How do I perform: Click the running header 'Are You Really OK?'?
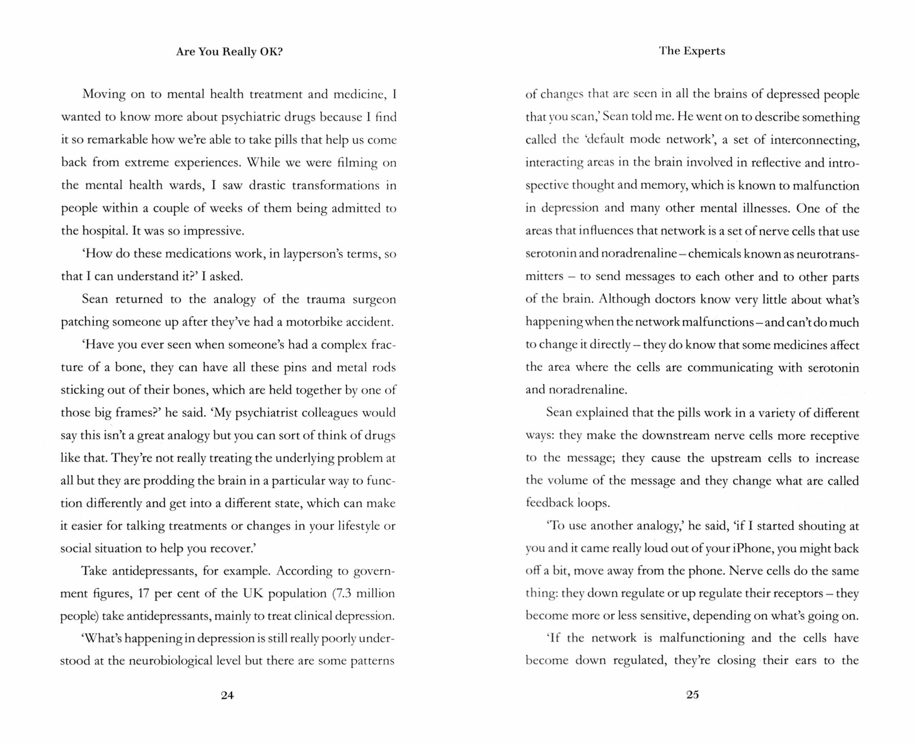[x=229, y=52]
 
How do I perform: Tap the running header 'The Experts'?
[x=692, y=51]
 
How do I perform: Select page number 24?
[x=227, y=695]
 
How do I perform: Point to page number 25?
[x=692, y=695]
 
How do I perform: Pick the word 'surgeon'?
[x=374, y=299]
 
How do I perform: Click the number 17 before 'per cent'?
[x=144, y=593]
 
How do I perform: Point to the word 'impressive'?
[x=213, y=231]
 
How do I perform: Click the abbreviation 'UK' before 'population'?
[x=252, y=593]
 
